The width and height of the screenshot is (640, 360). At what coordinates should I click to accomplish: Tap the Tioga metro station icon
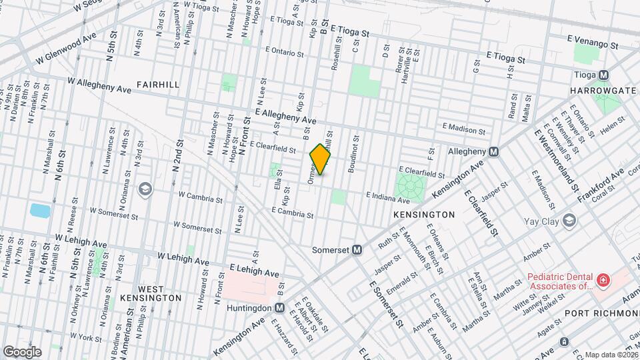point(603,75)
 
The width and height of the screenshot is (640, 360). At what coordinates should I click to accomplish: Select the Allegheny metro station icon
point(493,151)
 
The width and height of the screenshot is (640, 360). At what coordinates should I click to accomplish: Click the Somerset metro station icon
point(357,250)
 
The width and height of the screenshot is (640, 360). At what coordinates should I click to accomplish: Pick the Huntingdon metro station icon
point(279,308)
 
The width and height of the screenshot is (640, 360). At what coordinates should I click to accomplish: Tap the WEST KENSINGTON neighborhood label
point(151,293)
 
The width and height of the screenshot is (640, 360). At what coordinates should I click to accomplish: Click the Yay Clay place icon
point(569,220)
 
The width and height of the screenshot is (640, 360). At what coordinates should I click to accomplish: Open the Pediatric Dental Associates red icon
point(603,281)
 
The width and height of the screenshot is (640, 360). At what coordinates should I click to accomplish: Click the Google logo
point(22,352)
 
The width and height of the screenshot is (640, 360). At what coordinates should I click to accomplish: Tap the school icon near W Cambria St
point(145,189)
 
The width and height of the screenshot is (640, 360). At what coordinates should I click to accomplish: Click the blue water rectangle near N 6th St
point(39,211)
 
